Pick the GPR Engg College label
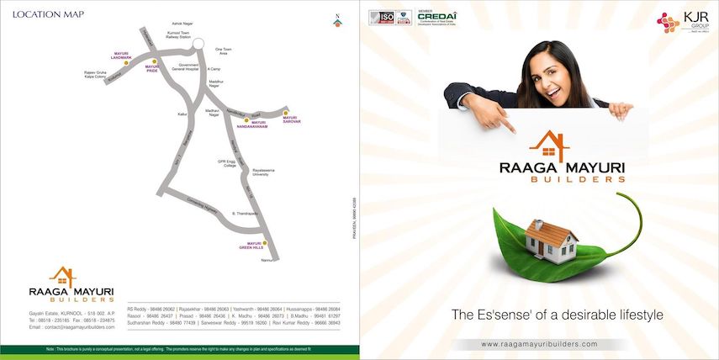pos(228,163)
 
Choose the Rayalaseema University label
pos(267,172)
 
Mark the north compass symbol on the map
pos(337,20)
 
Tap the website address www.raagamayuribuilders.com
pos(539,344)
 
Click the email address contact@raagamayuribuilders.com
pos(71,326)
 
